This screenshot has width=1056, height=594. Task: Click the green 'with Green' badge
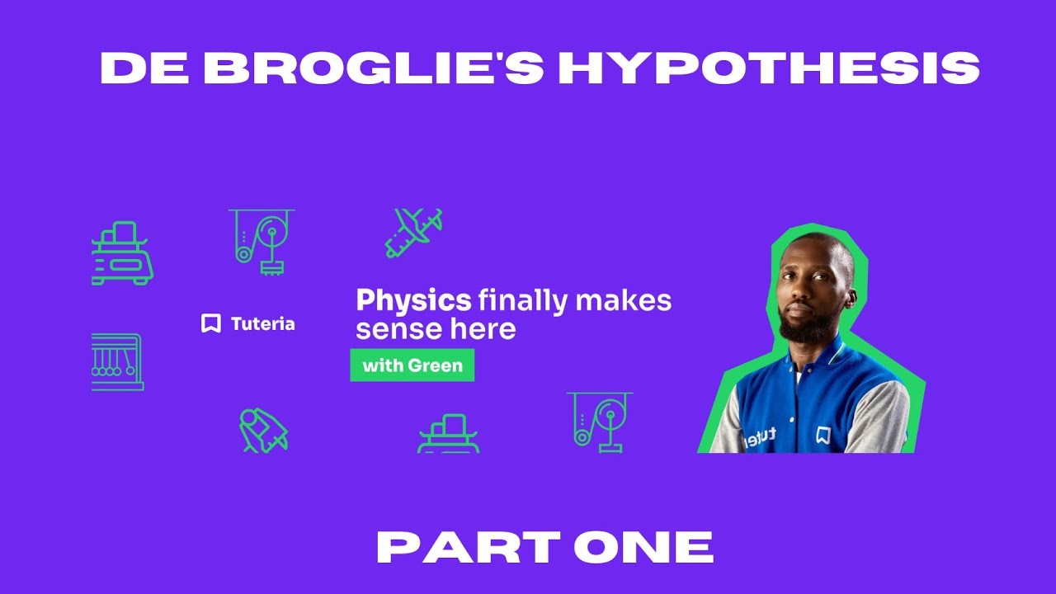pyautogui.click(x=412, y=365)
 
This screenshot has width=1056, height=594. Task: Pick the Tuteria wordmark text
pyautogui.click(x=262, y=324)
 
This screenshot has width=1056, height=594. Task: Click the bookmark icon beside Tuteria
pyautogui.click(x=211, y=323)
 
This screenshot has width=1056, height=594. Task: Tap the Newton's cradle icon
pyautogui.click(x=117, y=362)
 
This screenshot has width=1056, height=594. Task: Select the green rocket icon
pyautogui.click(x=262, y=430)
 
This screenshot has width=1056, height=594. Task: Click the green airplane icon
pyautogui.click(x=413, y=232)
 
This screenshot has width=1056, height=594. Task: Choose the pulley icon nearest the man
pyautogui.click(x=600, y=422)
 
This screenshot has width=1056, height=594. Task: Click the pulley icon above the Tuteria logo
pyautogui.click(x=262, y=240)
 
